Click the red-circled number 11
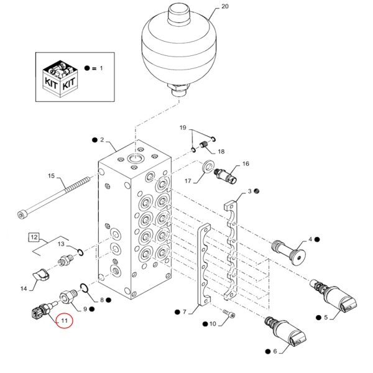point(63,321)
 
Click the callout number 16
point(246,164)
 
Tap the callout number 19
point(182,127)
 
